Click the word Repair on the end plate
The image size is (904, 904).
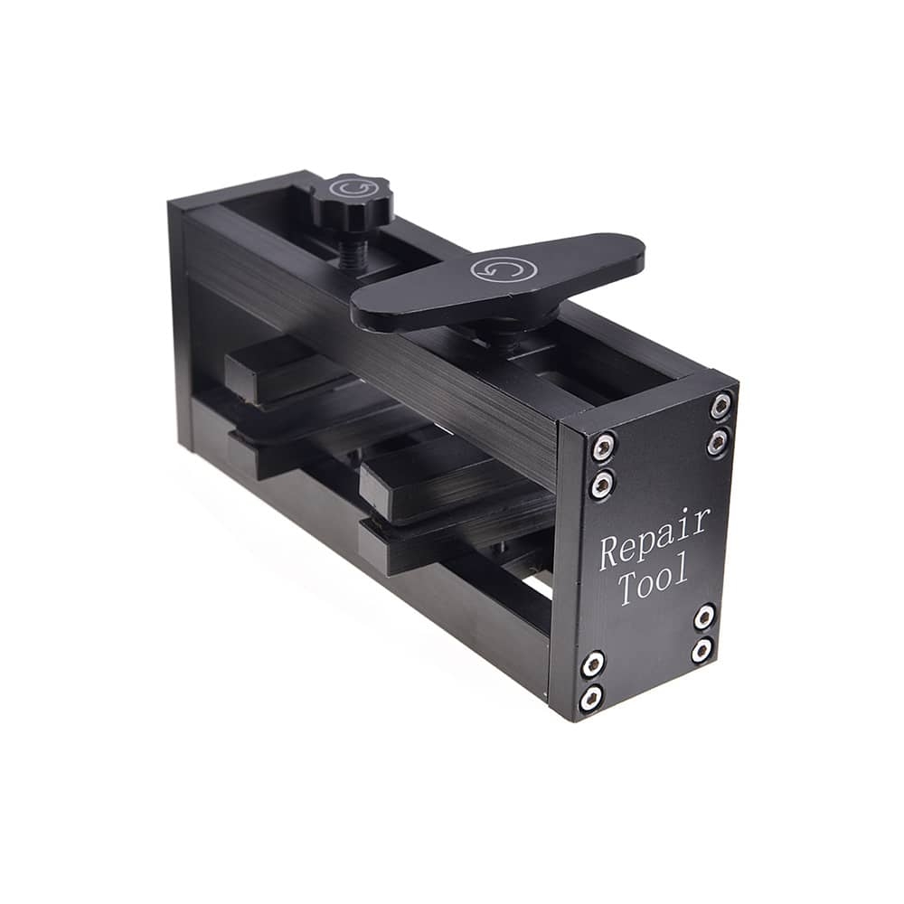654,537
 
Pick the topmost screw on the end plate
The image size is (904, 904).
721,405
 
